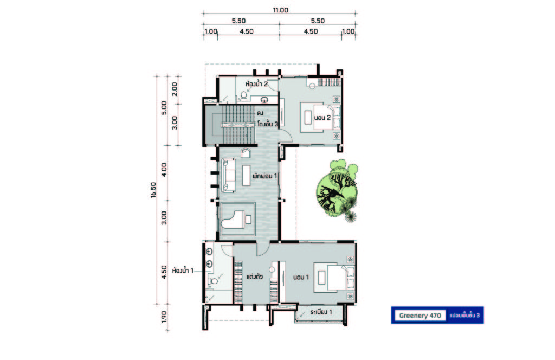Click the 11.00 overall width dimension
(280, 10)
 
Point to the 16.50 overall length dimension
(153, 190)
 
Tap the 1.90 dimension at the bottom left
(164, 317)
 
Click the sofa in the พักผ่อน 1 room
(229, 175)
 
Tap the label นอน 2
(322, 118)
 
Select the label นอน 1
(301, 277)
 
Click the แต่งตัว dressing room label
(254, 277)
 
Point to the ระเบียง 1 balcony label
(321, 312)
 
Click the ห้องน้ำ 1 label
(183, 271)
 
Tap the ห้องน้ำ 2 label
(256, 84)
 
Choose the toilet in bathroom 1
(212, 281)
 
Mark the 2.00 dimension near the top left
(174, 89)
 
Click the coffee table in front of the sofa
(246, 175)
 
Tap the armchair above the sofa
(246, 152)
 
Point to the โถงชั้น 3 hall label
(268, 125)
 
